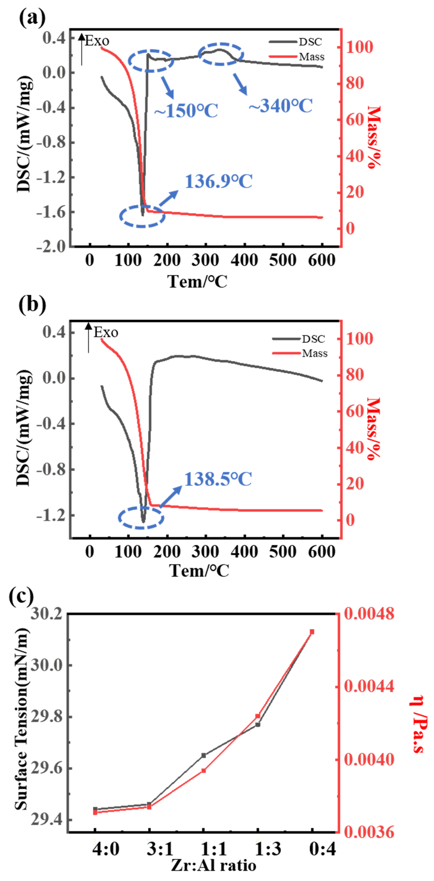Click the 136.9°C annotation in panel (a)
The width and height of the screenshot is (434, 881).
(x=218, y=181)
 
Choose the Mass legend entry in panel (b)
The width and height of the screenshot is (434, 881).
(x=314, y=353)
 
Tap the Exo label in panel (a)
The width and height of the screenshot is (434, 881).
(x=97, y=41)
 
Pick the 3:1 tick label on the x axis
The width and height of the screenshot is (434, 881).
(x=160, y=849)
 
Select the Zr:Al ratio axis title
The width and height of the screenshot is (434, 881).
(x=214, y=865)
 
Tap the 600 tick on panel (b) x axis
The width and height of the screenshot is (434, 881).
(x=322, y=552)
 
